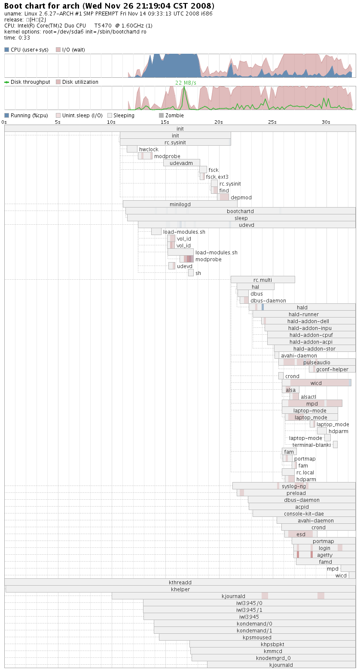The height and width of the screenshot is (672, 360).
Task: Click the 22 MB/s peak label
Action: tap(186, 83)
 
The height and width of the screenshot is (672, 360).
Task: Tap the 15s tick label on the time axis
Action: tap(165, 122)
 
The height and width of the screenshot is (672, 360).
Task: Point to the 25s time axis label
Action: tap(272, 122)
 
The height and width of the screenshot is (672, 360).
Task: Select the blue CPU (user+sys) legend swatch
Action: tap(6, 49)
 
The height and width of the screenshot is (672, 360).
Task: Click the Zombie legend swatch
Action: tap(162, 115)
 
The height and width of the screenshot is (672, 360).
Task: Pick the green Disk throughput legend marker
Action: tap(6, 82)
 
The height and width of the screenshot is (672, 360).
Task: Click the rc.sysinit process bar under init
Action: tap(176, 143)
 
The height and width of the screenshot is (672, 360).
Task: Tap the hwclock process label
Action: tap(149, 150)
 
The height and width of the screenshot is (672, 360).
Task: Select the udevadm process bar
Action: tap(181, 163)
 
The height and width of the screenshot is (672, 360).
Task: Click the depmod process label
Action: tap(241, 197)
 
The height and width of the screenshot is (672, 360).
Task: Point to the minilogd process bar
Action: tap(180, 204)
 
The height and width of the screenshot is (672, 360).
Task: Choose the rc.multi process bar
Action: tap(263, 280)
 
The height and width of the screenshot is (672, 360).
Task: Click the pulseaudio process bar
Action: tap(317, 362)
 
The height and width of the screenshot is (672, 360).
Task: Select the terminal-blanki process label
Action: tap(312, 445)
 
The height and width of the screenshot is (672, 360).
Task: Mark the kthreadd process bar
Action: tap(180, 582)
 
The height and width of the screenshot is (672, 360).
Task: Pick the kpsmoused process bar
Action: tap(257, 638)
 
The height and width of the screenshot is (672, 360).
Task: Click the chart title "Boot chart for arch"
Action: tap(42, 6)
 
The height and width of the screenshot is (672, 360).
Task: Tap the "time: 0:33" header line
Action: tap(17, 38)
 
